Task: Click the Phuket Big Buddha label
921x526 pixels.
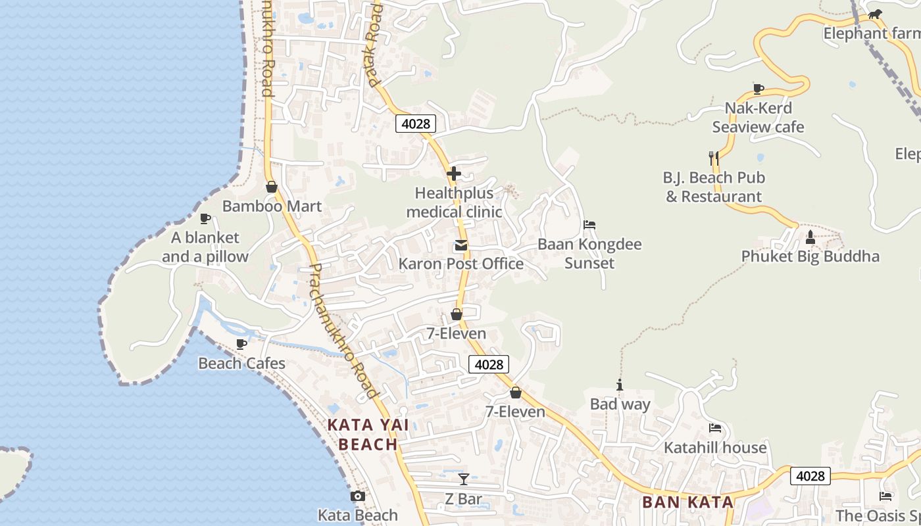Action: coord(810,256)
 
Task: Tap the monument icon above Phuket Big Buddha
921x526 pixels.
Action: coord(810,237)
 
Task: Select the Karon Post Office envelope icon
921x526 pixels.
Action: coord(460,246)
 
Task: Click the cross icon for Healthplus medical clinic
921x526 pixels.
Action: coord(454,174)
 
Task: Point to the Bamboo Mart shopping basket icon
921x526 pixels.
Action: coord(272,187)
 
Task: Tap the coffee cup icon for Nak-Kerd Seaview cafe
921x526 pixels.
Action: coord(758,89)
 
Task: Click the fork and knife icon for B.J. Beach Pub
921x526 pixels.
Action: coord(714,158)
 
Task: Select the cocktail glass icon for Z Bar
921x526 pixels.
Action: coord(464,479)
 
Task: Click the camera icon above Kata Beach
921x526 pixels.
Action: coord(358,496)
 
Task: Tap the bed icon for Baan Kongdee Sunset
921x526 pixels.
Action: coord(589,225)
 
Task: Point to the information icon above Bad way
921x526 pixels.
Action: coord(619,385)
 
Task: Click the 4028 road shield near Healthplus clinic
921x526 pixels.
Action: coord(416,123)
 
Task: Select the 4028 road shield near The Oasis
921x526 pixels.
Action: coord(810,475)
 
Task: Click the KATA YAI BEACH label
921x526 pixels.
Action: coord(368,435)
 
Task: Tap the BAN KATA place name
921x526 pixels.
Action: coord(687,502)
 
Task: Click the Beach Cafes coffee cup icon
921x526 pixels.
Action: coord(241,344)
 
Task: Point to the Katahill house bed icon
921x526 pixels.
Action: coord(715,429)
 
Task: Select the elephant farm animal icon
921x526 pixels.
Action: coord(874,14)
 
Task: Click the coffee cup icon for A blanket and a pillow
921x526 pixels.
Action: coord(205,218)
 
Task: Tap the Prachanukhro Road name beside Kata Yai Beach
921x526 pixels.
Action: coord(343,332)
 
